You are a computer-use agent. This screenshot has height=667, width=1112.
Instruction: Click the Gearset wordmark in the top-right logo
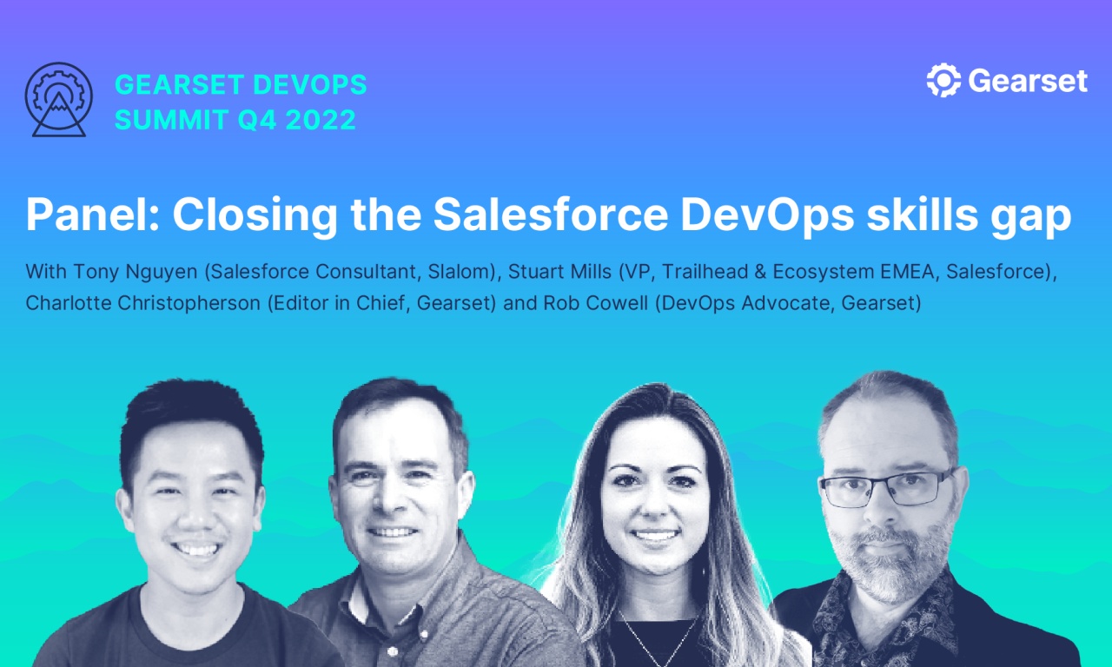coord(1027,81)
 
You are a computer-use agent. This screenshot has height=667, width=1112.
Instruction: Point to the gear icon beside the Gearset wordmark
coord(943,81)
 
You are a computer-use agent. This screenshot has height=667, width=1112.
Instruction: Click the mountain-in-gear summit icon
coord(58,100)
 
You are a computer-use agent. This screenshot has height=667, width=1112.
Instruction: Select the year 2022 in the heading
coord(321,120)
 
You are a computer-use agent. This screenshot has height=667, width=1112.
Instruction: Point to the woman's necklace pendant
coord(659,655)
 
